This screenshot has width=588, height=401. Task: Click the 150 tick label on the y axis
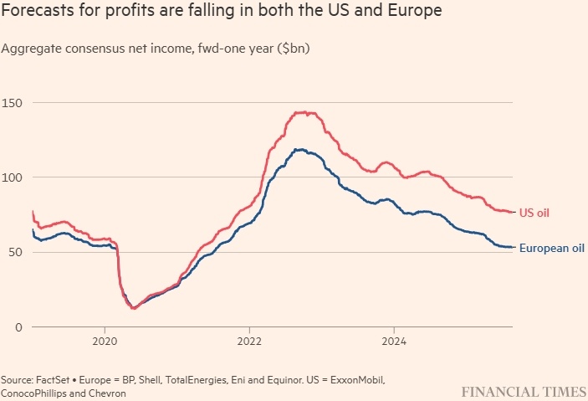click(x=14, y=102)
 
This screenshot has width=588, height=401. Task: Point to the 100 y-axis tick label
click(x=14, y=177)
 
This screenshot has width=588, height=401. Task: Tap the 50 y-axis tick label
click(x=11, y=251)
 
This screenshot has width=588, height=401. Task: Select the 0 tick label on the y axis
click(x=8, y=326)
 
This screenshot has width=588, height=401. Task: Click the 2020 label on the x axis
click(x=105, y=342)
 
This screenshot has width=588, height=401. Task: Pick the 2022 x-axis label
click(x=249, y=342)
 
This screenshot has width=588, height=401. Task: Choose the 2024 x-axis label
click(x=393, y=342)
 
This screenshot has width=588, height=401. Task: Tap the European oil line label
click(x=550, y=247)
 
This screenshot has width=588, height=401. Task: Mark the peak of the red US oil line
click(x=303, y=112)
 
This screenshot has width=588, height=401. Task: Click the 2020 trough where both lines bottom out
click(x=134, y=308)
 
